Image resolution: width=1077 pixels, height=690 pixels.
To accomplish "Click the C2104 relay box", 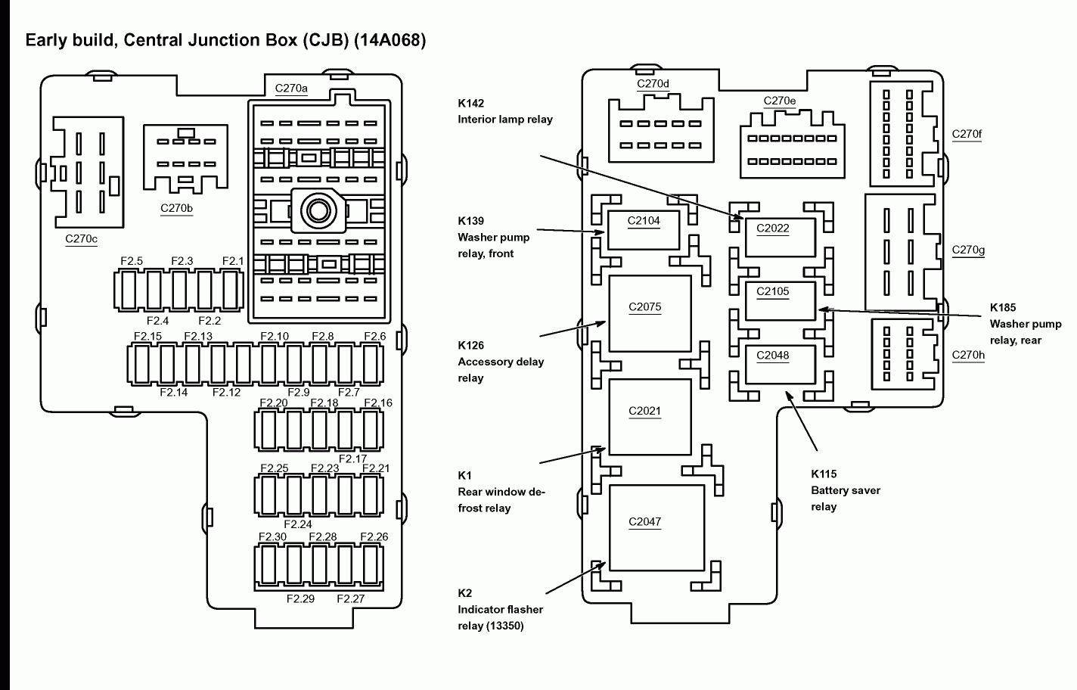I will point(644,230).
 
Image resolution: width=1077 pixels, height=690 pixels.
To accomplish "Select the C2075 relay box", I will point(650,313).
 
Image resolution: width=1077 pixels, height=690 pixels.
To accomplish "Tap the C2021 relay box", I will point(650,417).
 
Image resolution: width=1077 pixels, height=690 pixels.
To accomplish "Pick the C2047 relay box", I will point(656,527).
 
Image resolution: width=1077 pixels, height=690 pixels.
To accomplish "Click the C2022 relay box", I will point(780,237).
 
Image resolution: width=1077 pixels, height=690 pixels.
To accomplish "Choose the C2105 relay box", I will point(780,300).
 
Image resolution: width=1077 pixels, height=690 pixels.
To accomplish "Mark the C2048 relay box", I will point(780,364).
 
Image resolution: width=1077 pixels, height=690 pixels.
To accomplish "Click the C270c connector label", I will point(82,239).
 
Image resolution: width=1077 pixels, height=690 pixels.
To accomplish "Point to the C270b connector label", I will point(176,208).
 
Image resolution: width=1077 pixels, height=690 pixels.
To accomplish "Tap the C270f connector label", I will point(967,134).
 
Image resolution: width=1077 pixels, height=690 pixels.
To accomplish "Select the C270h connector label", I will point(968,354).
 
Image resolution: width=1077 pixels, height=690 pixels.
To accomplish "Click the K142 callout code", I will point(470,103).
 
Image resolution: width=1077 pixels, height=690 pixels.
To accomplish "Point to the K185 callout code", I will point(1003,307).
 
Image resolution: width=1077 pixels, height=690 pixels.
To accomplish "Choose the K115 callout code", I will point(824,474).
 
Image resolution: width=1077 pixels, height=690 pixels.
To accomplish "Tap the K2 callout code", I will point(464,593).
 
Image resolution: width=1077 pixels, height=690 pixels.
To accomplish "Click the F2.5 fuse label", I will point(132,261).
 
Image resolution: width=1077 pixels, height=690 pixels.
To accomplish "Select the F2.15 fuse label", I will point(147,337).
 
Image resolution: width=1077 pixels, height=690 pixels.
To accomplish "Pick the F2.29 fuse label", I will point(300,598).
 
